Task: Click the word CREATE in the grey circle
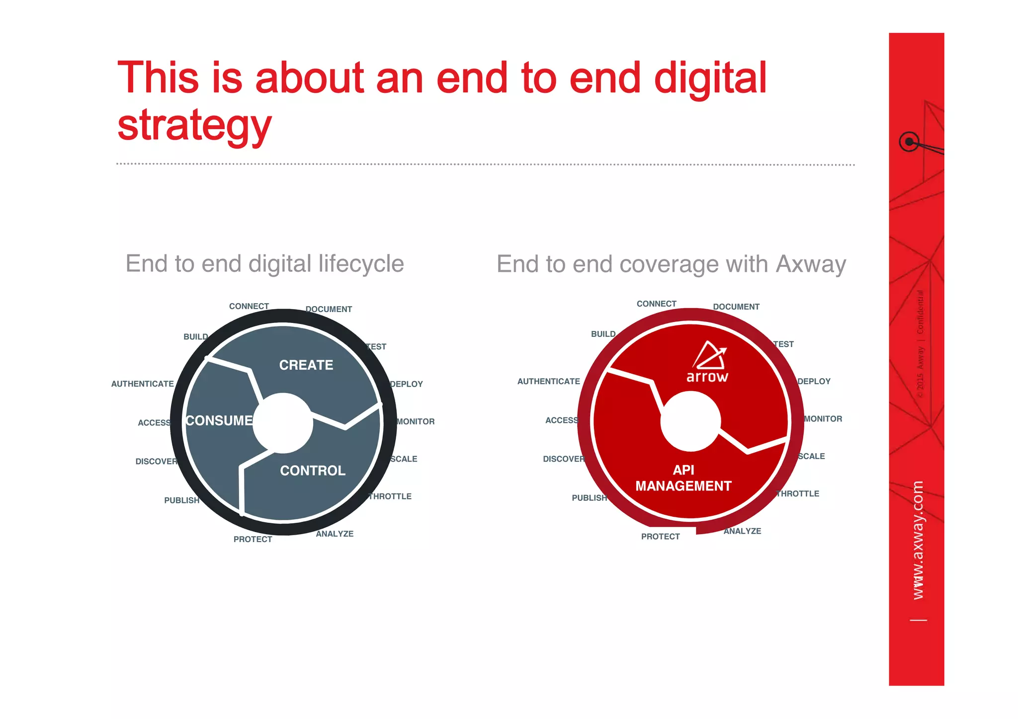pyautogui.click(x=306, y=365)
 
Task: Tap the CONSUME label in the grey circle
pyautogui.click(x=219, y=421)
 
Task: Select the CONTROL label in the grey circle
pyautogui.click(x=312, y=471)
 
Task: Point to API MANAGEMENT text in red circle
pyautogui.click(x=683, y=478)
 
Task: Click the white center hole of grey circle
pyautogui.click(x=282, y=423)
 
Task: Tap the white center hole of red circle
pyautogui.click(x=690, y=421)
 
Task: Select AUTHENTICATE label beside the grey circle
pyautogui.click(x=142, y=384)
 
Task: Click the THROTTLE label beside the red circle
pyautogui.click(x=798, y=494)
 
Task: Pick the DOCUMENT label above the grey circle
pyautogui.click(x=329, y=310)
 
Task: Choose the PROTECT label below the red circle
pyautogui.click(x=660, y=537)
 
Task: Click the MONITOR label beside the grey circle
pyautogui.click(x=416, y=422)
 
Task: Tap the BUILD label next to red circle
pyautogui.click(x=603, y=334)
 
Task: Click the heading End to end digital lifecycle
pyautogui.click(x=264, y=264)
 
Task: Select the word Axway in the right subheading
pyautogui.click(x=811, y=264)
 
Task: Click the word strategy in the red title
pyautogui.click(x=194, y=126)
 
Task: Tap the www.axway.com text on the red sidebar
pyautogui.click(x=918, y=540)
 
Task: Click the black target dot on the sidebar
pyautogui.click(x=909, y=142)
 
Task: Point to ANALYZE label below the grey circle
pyautogui.click(x=335, y=534)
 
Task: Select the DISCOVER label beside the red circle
pyautogui.click(x=563, y=459)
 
